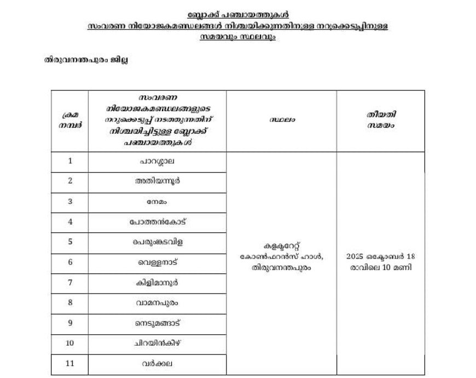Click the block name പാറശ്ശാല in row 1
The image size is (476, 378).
(157, 161)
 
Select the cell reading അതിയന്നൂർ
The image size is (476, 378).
(157, 181)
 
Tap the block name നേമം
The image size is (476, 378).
(157, 201)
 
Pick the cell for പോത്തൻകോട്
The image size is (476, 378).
(157, 221)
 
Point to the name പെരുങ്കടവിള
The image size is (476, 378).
(157, 242)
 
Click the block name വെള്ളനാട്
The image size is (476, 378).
(157, 262)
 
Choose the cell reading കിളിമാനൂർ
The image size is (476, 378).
(157, 282)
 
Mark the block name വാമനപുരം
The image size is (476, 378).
(157, 302)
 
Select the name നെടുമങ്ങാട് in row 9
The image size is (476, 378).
(157, 323)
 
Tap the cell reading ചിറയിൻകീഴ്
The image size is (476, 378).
(157, 343)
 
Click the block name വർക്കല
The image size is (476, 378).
(157, 363)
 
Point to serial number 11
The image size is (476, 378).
(69, 363)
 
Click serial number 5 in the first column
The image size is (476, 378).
(69, 242)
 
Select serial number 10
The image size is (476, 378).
(69, 343)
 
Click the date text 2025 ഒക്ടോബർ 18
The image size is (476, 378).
(381, 256)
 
